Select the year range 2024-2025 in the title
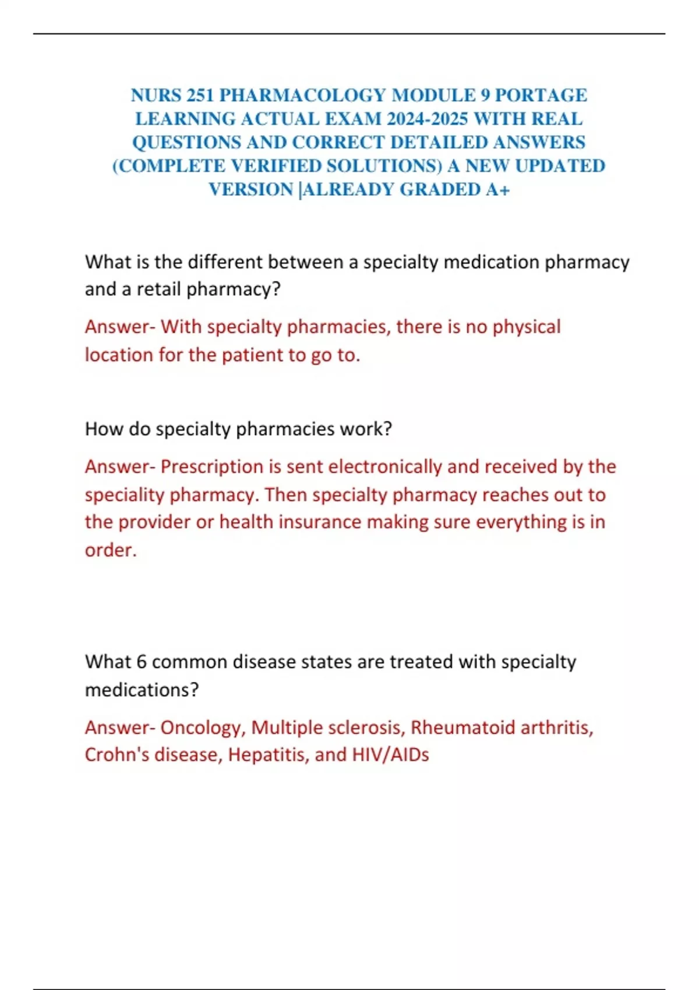click(427, 119)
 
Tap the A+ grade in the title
click(497, 189)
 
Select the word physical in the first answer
click(527, 327)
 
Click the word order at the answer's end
click(109, 550)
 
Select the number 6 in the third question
click(141, 662)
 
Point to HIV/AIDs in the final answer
click(390, 755)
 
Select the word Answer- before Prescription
click(119, 466)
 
